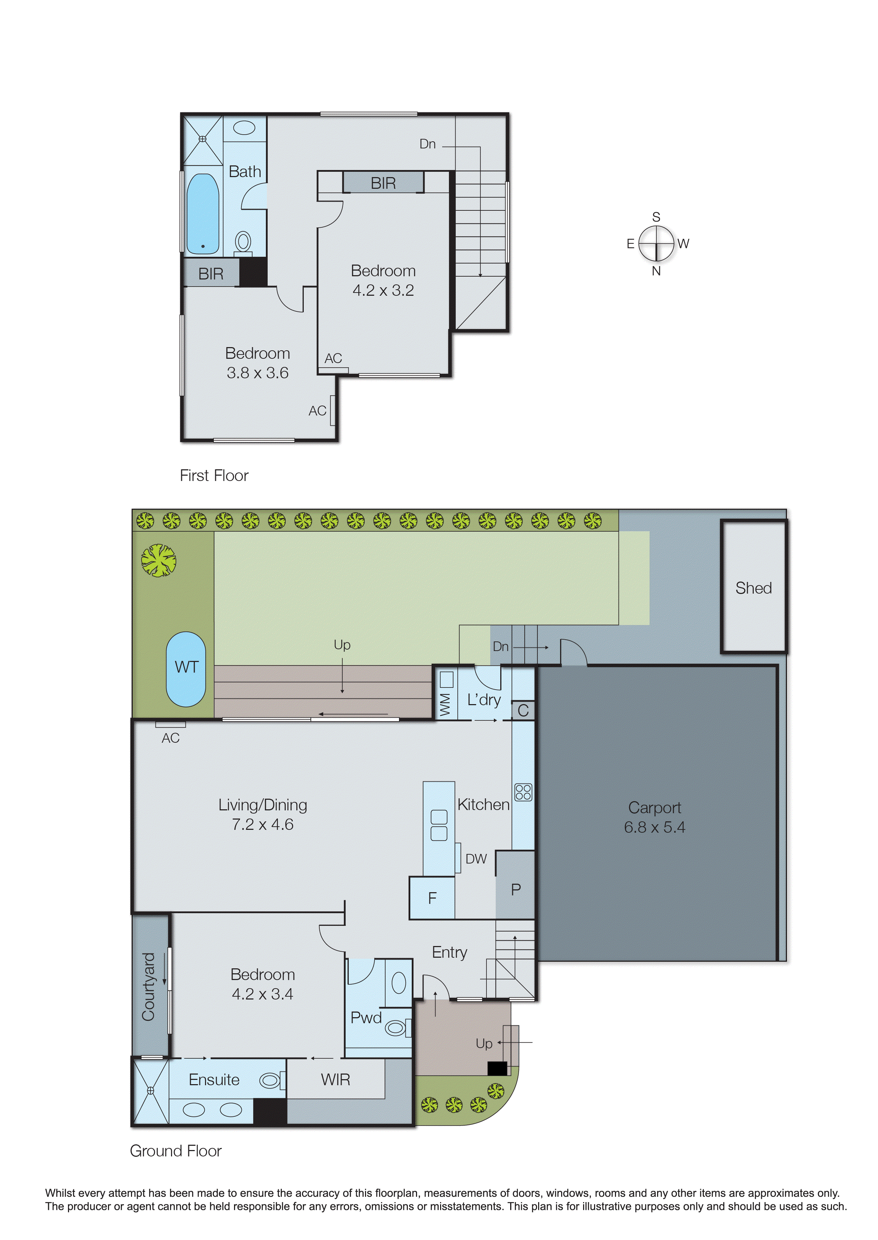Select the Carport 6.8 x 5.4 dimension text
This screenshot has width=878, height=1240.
tap(654, 827)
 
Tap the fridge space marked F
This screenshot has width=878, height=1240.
tap(432, 898)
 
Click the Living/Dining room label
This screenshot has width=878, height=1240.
tap(263, 805)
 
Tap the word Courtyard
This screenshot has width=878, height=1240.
tap(148, 986)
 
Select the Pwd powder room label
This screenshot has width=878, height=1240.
tap(366, 1017)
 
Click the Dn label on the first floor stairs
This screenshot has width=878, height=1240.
tap(427, 144)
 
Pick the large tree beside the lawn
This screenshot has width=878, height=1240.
tap(158, 560)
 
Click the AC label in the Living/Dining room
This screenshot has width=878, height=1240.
tap(170, 738)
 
